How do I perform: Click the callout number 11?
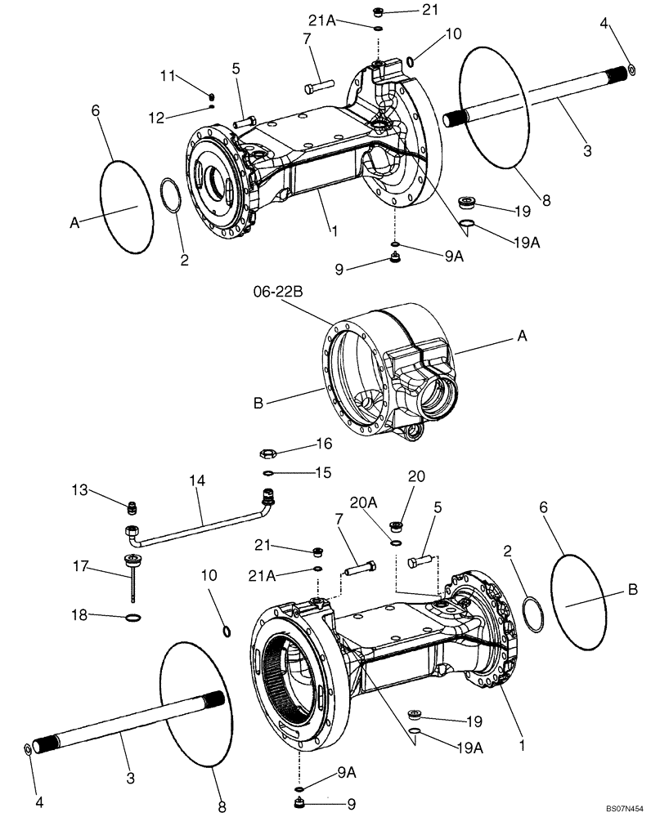(168, 76)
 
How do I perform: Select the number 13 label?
(79, 489)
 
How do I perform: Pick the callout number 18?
(78, 616)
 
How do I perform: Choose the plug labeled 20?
(394, 526)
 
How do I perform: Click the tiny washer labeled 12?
(212, 105)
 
